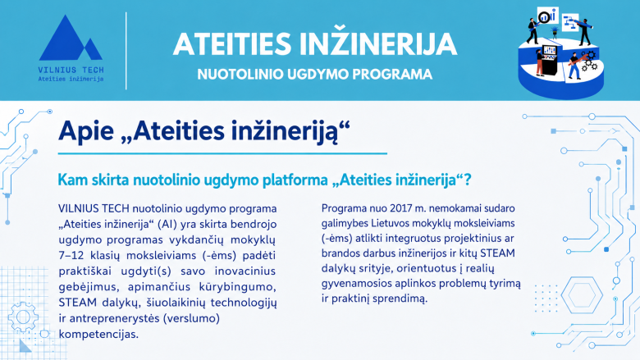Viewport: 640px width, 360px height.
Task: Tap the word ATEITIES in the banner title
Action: coord(232,44)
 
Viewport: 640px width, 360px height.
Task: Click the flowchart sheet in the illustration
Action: coord(569,22)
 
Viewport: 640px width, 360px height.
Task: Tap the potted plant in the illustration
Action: coord(555,32)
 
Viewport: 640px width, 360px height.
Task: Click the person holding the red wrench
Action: coord(574,66)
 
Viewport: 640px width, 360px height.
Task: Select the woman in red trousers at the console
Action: coord(539,62)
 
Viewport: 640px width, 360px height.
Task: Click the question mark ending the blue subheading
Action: coord(468,180)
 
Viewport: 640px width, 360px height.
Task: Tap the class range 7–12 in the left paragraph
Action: coord(71,256)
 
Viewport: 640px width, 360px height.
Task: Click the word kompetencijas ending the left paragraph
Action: coord(98,335)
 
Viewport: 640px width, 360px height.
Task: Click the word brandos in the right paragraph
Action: coord(338,253)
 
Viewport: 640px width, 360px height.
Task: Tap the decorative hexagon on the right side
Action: coord(582,294)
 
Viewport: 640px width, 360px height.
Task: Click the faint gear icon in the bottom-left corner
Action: coord(23,317)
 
